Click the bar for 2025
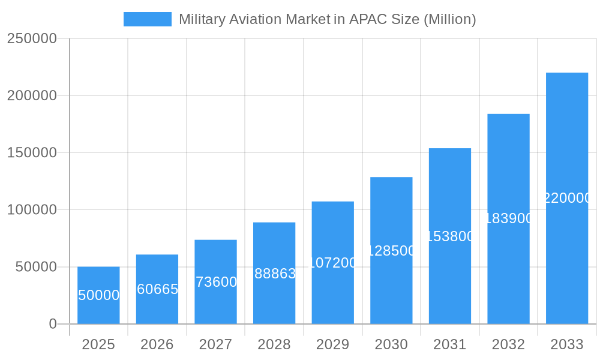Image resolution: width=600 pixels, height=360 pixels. (98, 295)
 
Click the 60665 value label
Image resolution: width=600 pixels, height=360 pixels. (157, 289)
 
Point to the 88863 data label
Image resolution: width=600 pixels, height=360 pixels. (275, 274)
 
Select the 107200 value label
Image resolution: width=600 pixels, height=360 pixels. (333, 263)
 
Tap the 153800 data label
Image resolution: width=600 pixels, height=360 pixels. (450, 236)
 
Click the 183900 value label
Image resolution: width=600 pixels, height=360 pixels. (509, 218)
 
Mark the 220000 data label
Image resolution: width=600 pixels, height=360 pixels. (567, 198)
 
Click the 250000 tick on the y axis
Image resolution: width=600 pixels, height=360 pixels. (32, 38)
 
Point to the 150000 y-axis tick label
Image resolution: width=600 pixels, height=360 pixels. (32, 152)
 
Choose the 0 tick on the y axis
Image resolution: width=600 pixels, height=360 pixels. (53, 324)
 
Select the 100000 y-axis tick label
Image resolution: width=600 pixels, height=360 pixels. (32, 210)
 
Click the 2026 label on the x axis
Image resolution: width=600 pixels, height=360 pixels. (157, 344)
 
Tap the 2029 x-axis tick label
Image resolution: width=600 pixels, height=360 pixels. (333, 344)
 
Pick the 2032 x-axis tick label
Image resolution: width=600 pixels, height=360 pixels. (509, 344)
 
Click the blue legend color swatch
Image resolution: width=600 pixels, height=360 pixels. (147, 19)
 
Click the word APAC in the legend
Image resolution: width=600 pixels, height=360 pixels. (364, 19)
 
